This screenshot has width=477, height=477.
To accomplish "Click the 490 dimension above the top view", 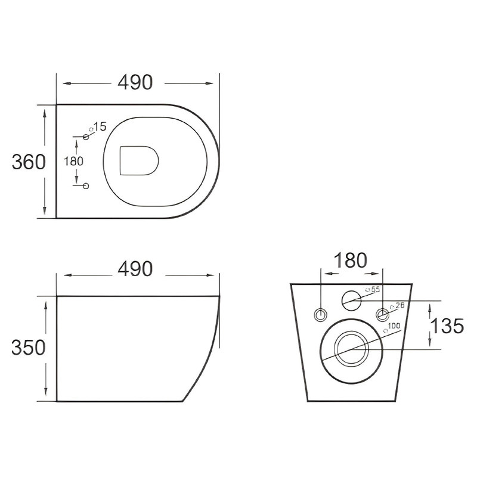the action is (x=135, y=82).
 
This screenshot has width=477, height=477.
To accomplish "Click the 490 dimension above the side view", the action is (x=135, y=269).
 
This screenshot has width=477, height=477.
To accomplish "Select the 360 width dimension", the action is (x=29, y=162).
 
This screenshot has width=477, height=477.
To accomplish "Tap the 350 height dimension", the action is (x=29, y=348).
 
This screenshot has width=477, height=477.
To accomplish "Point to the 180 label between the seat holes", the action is (x=73, y=161).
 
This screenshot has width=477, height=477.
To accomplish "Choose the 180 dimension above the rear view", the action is (x=351, y=261).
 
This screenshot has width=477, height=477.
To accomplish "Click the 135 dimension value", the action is (x=447, y=326).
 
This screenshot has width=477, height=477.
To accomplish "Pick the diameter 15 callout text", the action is (x=97, y=127).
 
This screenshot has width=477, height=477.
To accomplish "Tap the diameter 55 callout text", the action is (x=373, y=289).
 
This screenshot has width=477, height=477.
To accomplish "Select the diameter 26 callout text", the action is (x=398, y=306).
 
